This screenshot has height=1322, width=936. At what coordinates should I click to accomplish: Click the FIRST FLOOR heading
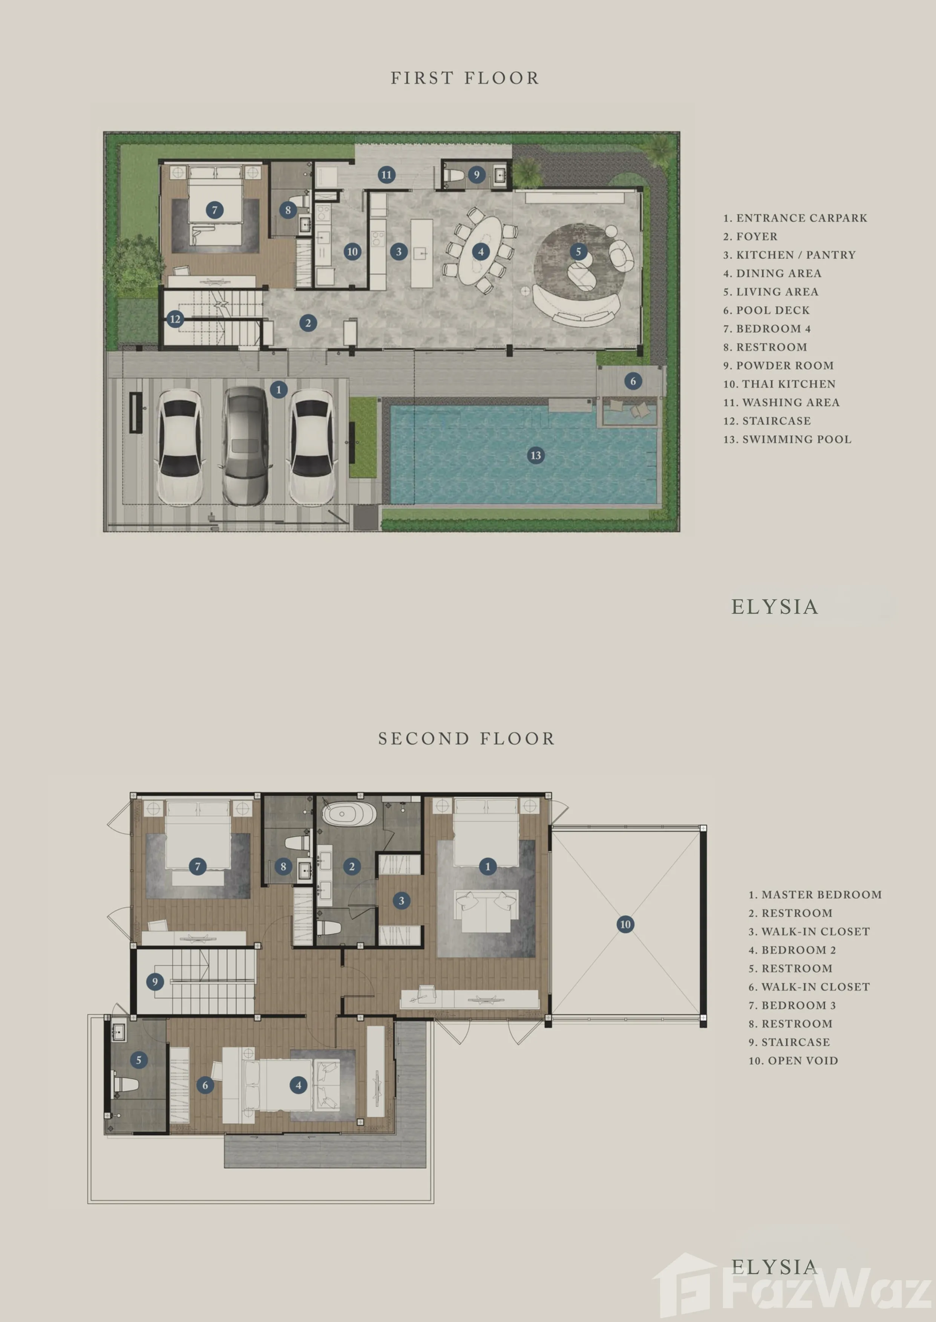point(465,78)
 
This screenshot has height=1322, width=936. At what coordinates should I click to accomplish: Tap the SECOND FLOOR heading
point(466,739)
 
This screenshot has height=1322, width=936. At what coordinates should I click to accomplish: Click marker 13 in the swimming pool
point(535,455)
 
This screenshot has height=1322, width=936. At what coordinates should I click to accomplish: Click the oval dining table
point(481,249)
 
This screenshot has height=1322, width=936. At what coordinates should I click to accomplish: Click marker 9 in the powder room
point(476,174)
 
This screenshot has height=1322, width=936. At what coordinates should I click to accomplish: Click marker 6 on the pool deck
point(633,381)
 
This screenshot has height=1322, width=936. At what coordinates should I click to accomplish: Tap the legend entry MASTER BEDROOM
point(815,895)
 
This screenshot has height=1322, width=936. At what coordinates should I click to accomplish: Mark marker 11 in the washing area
point(386,174)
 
